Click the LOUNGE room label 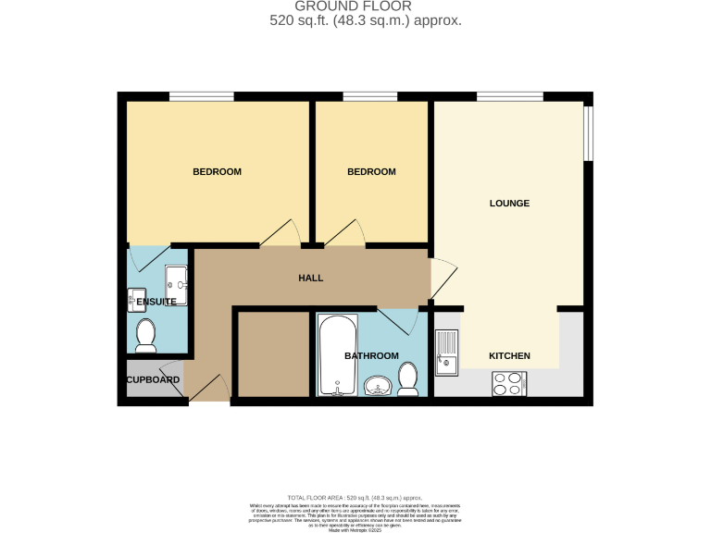click(x=509, y=204)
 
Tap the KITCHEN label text click(x=509, y=355)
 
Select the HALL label click(x=310, y=278)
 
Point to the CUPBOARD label click(x=153, y=380)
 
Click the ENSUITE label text click(x=156, y=302)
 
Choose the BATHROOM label click(x=371, y=356)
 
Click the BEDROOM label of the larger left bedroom click(x=217, y=172)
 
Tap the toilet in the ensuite click(x=145, y=336)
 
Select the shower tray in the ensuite click(x=177, y=284)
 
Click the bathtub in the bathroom click(x=337, y=355)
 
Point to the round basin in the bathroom click(x=377, y=386)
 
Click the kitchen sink click(x=447, y=353)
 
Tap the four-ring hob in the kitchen click(x=510, y=383)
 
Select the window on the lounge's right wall click(x=588, y=133)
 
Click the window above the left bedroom click(x=201, y=96)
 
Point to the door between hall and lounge click(x=443, y=279)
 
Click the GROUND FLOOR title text click(x=355, y=6)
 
